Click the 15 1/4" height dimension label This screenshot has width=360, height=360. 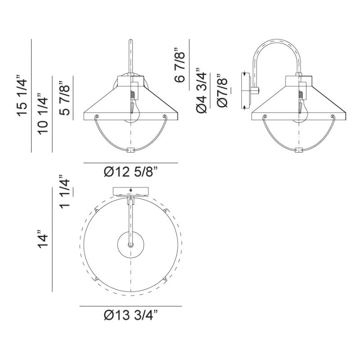22,96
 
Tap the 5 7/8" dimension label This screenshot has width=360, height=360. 64,98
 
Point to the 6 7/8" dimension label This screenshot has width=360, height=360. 179,65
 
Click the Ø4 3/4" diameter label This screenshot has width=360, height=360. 201,90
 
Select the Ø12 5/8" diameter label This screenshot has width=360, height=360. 131,171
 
